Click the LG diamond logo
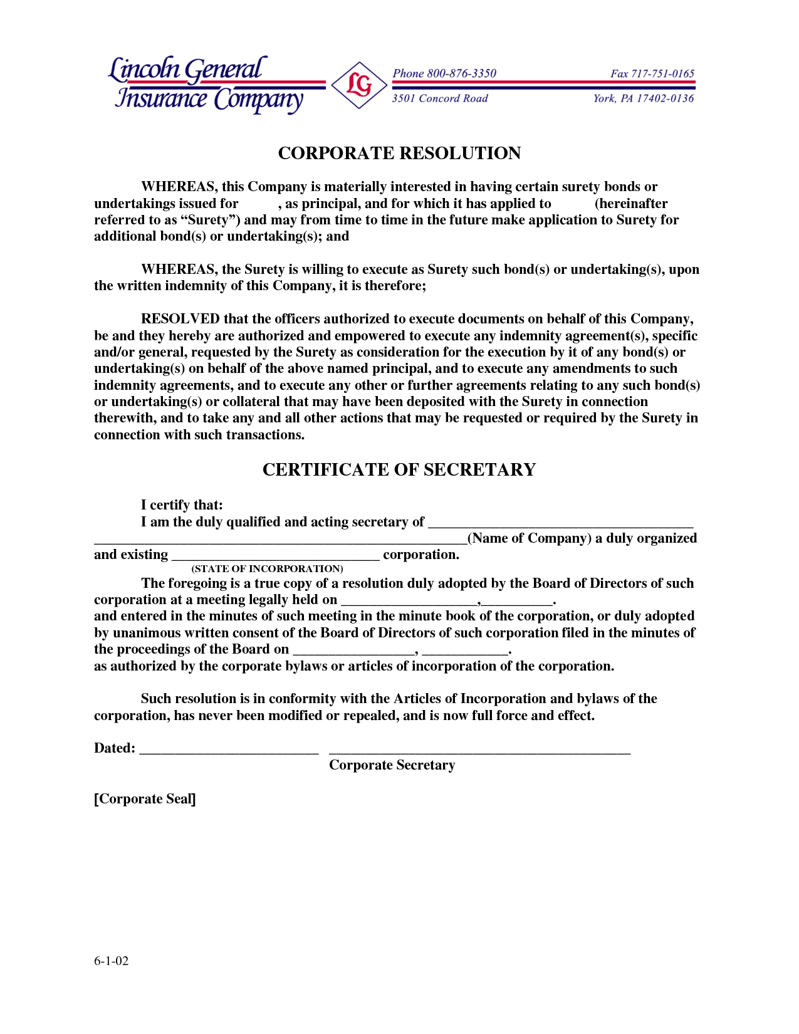coord(359,85)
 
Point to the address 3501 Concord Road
coord(439,98)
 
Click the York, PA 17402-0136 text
coord(644,98)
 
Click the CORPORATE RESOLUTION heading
coord(399,154)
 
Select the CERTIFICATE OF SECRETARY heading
coord(399,470)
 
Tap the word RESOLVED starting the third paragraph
coord(180,319)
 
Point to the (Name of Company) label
coord(530,538)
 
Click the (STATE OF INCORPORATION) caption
coord(268,569)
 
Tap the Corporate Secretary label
coord(392,765)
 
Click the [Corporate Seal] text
coord(145,799)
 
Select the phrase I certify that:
coord(182,505)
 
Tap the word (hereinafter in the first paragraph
coord(631,204)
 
